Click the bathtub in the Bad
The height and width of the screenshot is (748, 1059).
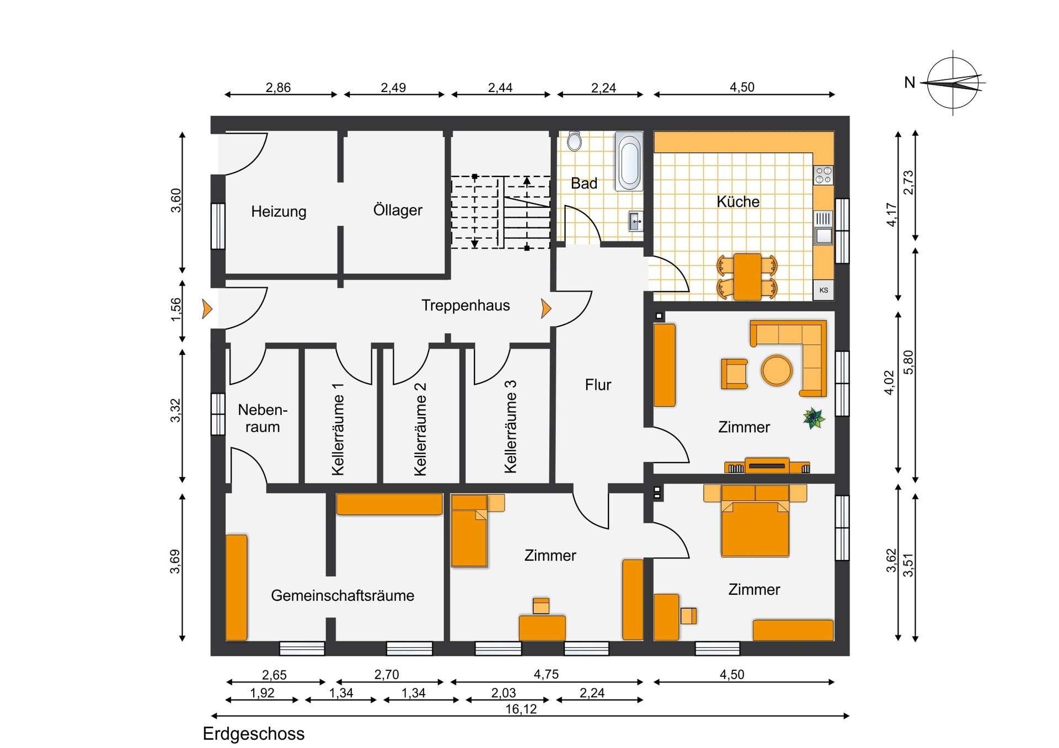[629, 160]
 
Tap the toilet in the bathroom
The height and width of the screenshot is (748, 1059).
[574, 141]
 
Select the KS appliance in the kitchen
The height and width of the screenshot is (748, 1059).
[823, 290]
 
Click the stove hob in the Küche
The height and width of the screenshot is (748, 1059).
[823, 175]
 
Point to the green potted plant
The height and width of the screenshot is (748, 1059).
[814, 418]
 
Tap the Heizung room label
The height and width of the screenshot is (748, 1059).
[279, 212]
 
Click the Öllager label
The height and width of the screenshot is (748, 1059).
[398, 210]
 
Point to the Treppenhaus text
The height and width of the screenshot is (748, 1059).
[466, 305]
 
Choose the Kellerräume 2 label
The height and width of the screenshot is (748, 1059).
[420, 429]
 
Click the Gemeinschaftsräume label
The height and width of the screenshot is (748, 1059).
[343, 595]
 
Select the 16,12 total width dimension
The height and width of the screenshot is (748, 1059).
[521, 709]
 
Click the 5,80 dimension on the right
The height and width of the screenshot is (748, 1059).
[908, 362]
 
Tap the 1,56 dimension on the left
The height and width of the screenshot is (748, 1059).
[175, 310]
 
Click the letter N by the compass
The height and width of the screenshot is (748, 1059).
[910, 83]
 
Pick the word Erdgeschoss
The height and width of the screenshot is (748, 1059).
[254, 734]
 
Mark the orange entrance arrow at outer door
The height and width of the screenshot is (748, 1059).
[207, 309]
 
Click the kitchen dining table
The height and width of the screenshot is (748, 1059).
[747, 277]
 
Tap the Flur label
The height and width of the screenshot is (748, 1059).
[598, 385]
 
